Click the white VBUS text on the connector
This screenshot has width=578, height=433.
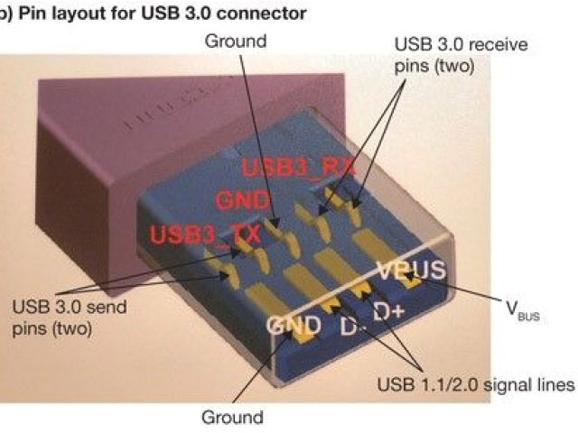coord(412,270)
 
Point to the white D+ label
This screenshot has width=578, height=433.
coord(389,311)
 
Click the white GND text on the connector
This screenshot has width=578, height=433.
coord(293,325)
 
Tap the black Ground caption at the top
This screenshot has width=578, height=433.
coord(236,41)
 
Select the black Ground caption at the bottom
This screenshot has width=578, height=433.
coord(232,417)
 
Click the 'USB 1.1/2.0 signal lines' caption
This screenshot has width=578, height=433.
coord(475,385)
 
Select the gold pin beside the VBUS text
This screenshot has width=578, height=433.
coord(415,284)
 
